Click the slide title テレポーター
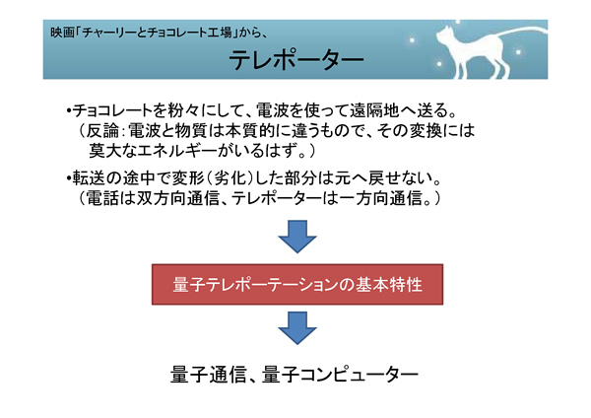(295, 59)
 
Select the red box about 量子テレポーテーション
(297, 284)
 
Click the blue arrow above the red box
(297, 237)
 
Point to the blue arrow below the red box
(297, 328)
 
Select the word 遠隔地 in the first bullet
(374, 110)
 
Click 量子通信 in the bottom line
(208, 375)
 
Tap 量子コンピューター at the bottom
(340, 375)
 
